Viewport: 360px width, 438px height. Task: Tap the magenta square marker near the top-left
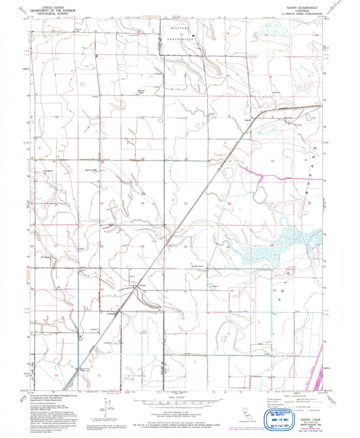[x=97, y=55]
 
